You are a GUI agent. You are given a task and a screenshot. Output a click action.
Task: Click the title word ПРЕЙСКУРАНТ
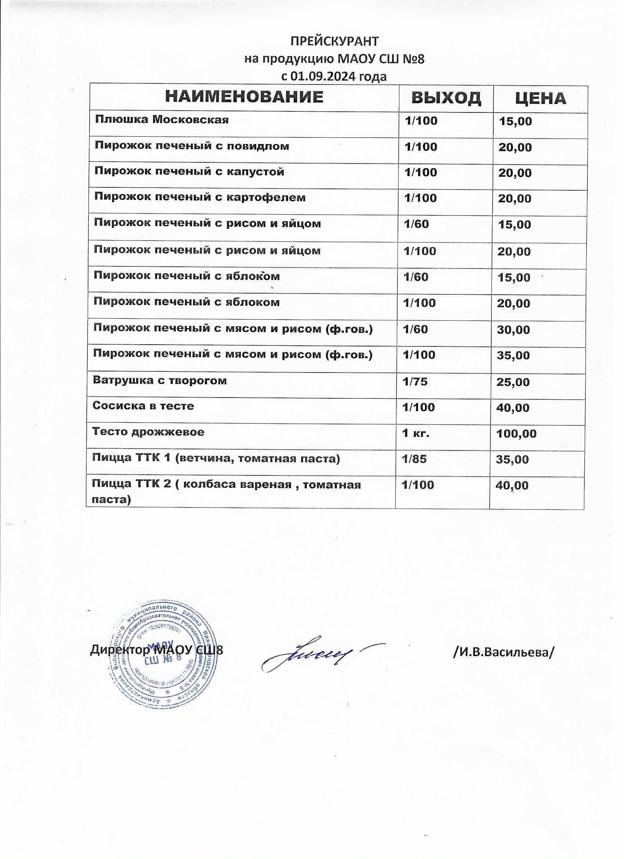coord(334,41)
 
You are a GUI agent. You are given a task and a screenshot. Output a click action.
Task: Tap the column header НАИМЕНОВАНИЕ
coord(244,97)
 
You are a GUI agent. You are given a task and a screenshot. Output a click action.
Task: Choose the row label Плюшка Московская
coord(162,120)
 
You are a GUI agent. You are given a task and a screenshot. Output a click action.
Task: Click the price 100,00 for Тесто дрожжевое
coord(516,433)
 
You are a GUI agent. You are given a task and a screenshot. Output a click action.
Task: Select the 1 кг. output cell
coord(416,433)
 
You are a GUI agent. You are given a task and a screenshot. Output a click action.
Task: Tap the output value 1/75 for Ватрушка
coord(415,381)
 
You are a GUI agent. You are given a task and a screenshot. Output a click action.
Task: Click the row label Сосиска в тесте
coord(143,406)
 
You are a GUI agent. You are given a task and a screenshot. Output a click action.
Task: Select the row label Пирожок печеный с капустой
coord(189,172)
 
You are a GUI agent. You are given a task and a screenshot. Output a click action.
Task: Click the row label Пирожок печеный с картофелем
coord(200,197)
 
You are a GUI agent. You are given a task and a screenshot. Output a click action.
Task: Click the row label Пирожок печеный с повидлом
coord(192,146)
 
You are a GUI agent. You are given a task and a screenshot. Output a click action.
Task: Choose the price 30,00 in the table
coord(514,330)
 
